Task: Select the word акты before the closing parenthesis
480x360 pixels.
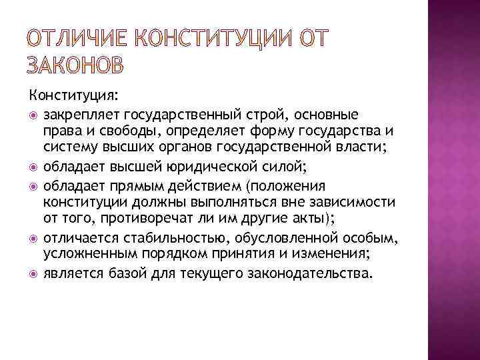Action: [x=303, y=219]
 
